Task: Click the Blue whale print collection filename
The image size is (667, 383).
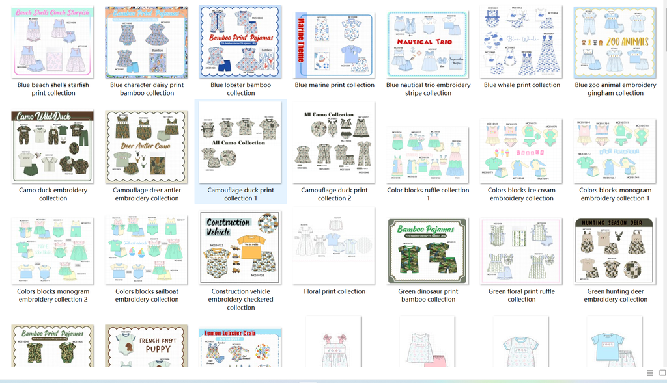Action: [x=522, y=85]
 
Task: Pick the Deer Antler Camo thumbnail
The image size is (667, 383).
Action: [x=147, y=147]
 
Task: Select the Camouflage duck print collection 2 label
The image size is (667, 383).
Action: [x=334, y=194]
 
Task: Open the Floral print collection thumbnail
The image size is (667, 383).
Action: [x=334, y=246]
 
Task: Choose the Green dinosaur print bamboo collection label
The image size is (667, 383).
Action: [x=428, y=295]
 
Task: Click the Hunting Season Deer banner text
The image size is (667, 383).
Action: [x=616, y=223]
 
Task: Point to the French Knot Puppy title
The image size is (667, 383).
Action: [x=158, y=344]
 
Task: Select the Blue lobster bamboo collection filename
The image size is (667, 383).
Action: [x=240, y=89]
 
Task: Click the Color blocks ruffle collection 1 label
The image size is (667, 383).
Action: [x=428, y=194]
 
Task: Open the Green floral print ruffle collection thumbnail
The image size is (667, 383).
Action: [x=522, y=250]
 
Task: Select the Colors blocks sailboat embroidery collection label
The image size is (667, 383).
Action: [x=147, y=295]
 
